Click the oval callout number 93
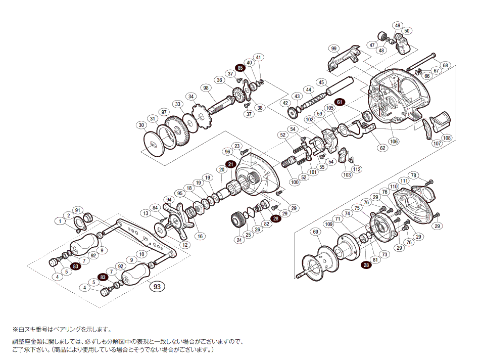tap(157, 287)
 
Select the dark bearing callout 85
tap(240, 68)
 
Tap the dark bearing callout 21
tap(230, 164)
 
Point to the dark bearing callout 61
tap(340, 102)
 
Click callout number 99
tap(333, 49)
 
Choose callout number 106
tap(394, 141)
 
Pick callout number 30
tap(141, 125)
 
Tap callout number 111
tap(404, 181)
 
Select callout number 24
tap(239, 240)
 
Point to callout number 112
tap(357, 169)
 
